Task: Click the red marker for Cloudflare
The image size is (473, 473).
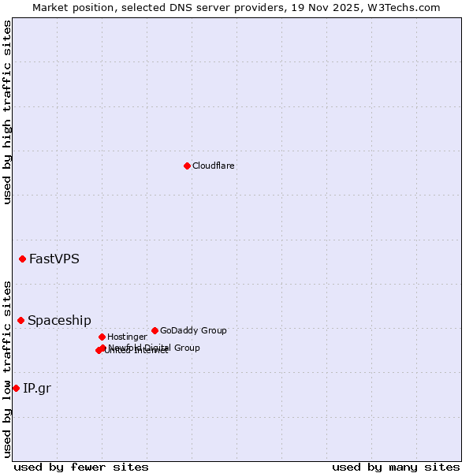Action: click(x=187, y=166)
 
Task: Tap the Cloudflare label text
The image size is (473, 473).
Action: click(x=213, y=166)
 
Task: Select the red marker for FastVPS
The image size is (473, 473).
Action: click(x=22, y=259)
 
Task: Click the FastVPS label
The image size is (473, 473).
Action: click(x=54, y=259)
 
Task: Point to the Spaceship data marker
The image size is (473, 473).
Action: click(x=20, y=320)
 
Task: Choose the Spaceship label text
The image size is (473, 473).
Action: click(x=59, y=321)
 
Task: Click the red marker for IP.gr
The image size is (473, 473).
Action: click(x=16, y=388)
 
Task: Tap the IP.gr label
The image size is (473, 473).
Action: click(x=37, y=388)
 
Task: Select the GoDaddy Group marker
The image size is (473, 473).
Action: click(x=155, y=330)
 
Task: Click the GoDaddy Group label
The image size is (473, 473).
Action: click(x=193, y=331)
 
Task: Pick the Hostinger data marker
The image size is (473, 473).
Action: click(x=102, y=337)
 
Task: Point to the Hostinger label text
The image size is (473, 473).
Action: click(x=127, y=337)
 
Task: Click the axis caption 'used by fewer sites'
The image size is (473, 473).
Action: click(x=81, y=467)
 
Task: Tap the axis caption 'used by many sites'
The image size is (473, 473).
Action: click(x=396, y=467)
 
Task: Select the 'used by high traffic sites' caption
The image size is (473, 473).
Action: click(x=7, y=112)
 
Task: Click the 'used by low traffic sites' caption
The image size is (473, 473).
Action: click(x=7, y=368)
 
